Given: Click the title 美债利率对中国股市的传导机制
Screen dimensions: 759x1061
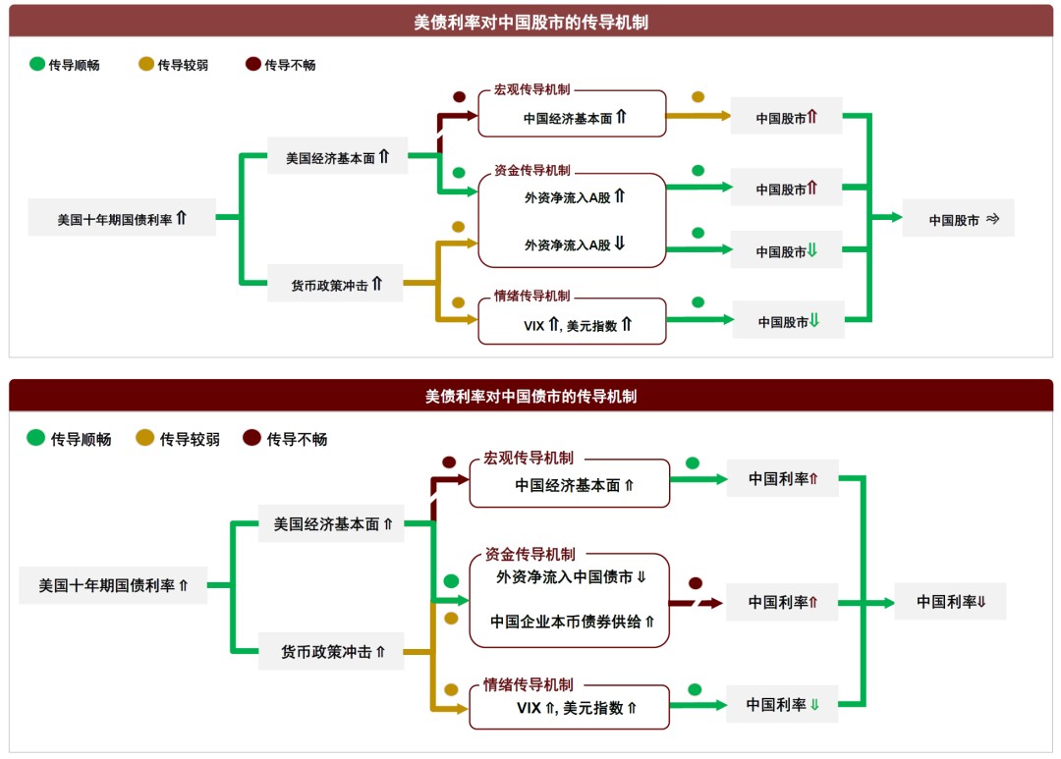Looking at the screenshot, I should pos(530,22).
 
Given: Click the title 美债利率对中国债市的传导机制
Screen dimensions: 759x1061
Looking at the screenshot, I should pos(530,396).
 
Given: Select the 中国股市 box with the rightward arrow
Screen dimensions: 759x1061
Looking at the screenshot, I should pos(958,221).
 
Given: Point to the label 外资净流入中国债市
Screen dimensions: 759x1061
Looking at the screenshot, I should pos(564,577).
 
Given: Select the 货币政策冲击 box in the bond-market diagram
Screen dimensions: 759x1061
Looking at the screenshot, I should pos(332,651).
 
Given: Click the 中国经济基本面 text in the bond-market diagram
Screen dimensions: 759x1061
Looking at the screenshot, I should pos(567,485).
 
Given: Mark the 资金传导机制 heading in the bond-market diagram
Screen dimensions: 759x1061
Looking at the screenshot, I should pos(530,554).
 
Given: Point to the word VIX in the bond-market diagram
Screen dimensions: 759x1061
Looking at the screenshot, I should pos(529,708).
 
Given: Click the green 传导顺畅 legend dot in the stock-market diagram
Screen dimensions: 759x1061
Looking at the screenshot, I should pos(37,65).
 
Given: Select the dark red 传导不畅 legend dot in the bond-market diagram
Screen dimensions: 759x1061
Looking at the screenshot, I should pos(251,439).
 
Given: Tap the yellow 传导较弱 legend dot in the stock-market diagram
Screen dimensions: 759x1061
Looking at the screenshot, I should pos(146,65).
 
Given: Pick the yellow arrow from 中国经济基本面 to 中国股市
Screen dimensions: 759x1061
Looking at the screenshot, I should pos(698,116).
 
